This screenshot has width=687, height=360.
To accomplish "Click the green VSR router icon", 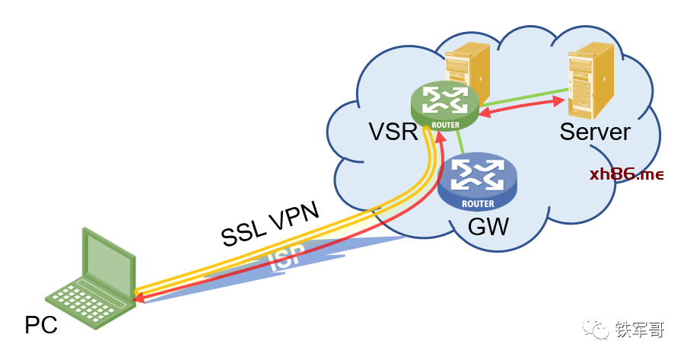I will tap(445, 105).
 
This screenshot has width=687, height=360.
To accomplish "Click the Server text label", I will tap(595, 132).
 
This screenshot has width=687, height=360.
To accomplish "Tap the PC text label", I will tap(41, 326).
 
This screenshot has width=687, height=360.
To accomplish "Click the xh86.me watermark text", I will tap(627, 174).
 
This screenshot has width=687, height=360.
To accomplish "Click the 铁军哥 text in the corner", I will tap(640, 330).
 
